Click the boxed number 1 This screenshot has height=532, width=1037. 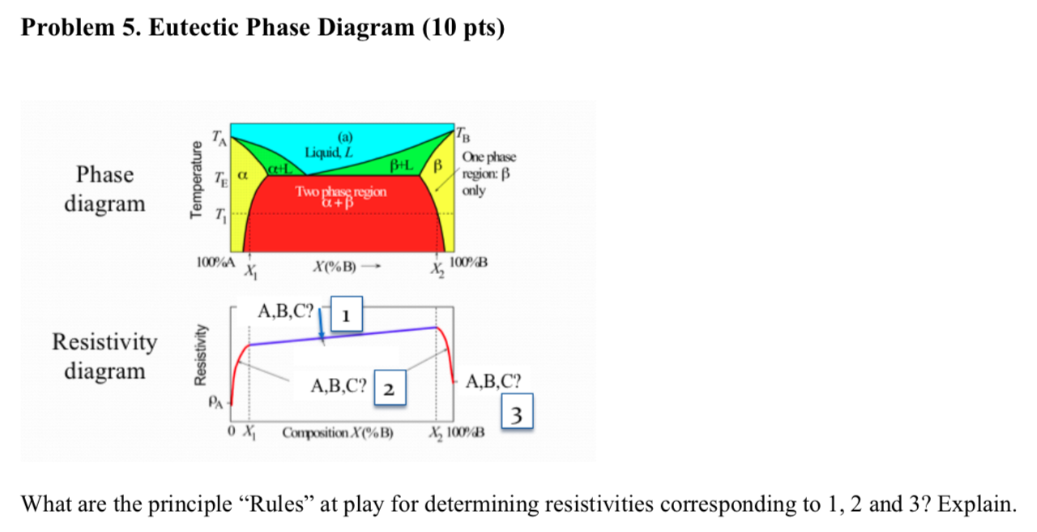(345, 315)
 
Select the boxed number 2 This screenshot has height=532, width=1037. (388, 389)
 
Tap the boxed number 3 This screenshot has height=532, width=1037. (519, 414)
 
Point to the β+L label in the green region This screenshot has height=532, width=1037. (403, 165)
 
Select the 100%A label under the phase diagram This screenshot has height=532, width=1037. (216, 263)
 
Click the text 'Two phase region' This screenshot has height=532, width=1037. (341, 192)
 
